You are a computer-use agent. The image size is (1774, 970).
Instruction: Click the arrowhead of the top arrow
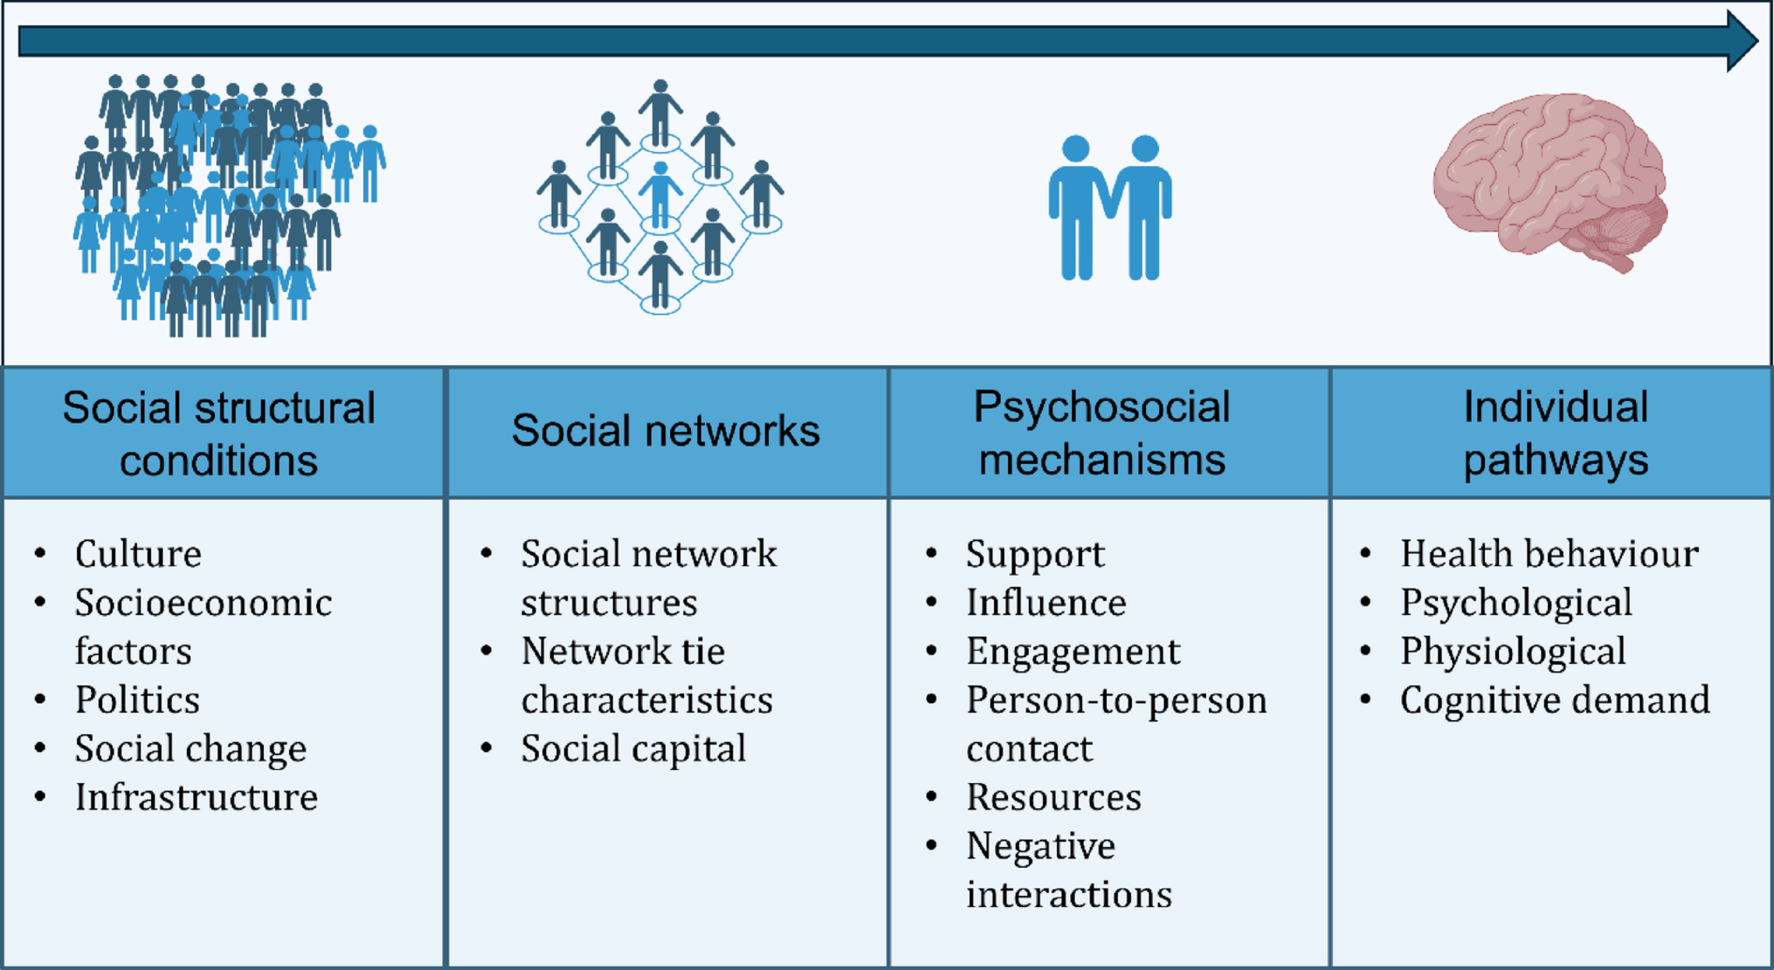click(x=1741, y=41)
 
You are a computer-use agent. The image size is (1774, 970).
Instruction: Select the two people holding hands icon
click(x=1109, y=208)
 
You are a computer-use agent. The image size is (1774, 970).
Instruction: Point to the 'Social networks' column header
click(x=666, y=431)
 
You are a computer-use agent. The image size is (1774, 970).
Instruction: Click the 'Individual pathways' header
click(x=1556, y=433)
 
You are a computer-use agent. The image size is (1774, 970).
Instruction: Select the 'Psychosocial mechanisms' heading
click(x=1101, y=433)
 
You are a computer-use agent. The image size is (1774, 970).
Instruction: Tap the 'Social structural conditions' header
click(x=218, y=433)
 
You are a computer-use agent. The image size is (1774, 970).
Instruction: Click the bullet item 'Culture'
click(x=138, y=554)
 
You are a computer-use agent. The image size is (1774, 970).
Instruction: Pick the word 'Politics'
click(x=137, y=700)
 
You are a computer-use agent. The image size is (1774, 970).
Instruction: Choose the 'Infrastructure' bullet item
click(x=196, y=797)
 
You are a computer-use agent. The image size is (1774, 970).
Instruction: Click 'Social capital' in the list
click(x=633, y=749)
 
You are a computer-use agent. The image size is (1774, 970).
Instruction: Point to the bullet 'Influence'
click(x=1046, y=603)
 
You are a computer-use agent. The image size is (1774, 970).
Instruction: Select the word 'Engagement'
click(x=1073, y=652)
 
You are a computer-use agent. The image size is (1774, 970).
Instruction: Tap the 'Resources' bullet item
click(x=1053, y=797)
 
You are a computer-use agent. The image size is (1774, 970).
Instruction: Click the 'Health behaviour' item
click(x=1549, y=554)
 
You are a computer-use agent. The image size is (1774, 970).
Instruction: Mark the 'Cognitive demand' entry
click(x=1555, y=700)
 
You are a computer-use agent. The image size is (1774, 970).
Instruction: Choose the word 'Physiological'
click(x=1513, y=652)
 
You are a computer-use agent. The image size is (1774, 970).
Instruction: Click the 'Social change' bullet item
click(x=190, y=749)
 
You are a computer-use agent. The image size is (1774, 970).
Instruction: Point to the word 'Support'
click(x=1035, y=554)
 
